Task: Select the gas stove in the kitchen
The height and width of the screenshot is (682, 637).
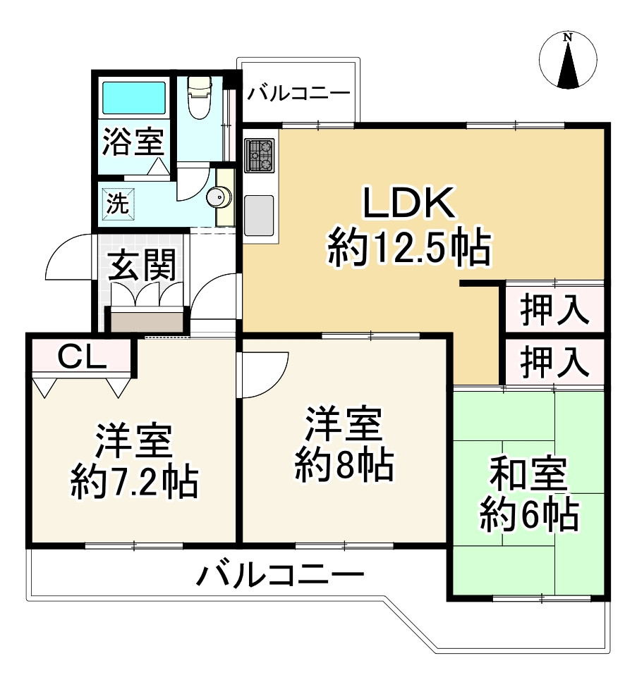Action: click(259, 156)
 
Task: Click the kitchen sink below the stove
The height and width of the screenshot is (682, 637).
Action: click(259, 215)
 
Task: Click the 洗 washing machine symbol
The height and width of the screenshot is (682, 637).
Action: click(118, 204)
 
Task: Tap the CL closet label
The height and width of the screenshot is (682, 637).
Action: click(81, 359)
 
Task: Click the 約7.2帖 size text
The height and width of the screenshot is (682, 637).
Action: click(133, 481)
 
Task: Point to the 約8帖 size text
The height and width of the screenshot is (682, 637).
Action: click(344, 465)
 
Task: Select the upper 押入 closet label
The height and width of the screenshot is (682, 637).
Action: click(554, 311)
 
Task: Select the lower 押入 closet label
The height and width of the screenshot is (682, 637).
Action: click(554, 363)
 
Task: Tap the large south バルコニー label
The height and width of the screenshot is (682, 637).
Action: click(280, 578)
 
